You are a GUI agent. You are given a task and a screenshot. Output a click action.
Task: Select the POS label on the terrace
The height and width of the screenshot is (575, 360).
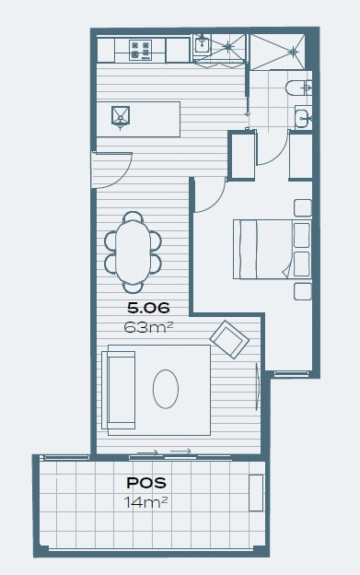145,483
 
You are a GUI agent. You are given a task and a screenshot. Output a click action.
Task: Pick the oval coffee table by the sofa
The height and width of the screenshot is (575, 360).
167,388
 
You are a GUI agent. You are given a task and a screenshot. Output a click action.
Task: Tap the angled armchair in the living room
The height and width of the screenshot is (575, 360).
229,338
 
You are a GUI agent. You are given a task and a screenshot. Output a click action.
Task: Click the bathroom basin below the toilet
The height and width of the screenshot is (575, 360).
302,116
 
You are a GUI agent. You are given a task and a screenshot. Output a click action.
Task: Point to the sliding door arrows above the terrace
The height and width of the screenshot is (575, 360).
163,452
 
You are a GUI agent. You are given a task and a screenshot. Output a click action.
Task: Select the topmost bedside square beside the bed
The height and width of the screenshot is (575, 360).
302,205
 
